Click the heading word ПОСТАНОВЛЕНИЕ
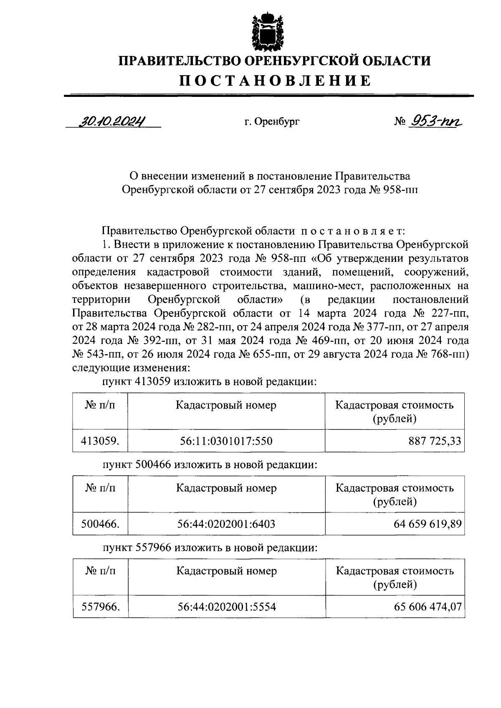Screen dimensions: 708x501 click(x=275, y=81)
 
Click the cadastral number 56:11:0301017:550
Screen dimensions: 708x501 click(x=226, y=441)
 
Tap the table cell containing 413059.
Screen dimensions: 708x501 click(x=100, y=441)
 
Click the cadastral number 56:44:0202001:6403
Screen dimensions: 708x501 click(x=226, y=524)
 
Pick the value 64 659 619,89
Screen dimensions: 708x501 click(x=428, y=524)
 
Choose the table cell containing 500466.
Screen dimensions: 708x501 click(x=100, y=524)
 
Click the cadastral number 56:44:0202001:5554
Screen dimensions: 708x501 click(x=226, y=606)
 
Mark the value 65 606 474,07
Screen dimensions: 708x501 click(x=428, y=606)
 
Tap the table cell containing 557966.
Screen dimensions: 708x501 click(x=100, y=606)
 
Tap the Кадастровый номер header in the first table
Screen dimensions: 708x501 click(x=226, y=405)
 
